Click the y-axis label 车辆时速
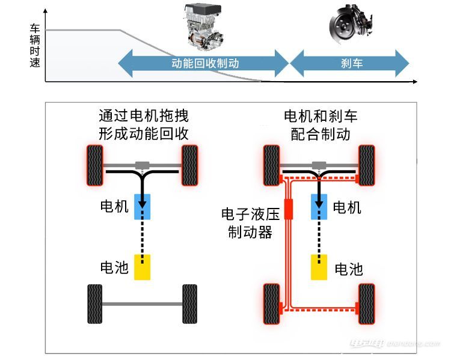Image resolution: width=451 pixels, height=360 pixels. pyautogui.click(x=35, y=46)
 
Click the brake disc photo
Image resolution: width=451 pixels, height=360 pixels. pyautogui.click(x=351, y=25)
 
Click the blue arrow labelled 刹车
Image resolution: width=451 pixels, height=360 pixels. pyautogui.click(x=349, y=63)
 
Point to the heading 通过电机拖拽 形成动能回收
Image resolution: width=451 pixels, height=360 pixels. pyautogui.click(x=144, y=125)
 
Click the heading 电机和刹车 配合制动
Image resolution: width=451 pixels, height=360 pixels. pyautogui.click(x=321, y=125)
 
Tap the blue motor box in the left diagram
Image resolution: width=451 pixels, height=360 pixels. pyautogui.click(x=143, y=207)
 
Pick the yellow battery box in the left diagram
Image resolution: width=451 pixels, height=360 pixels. pyautogui.click(x=143, y=267)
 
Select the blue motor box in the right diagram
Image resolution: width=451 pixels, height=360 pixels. pyautogui.click(x=319, y=207)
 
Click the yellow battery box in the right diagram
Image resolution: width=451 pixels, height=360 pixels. pyautogui.click(x=319, y=267)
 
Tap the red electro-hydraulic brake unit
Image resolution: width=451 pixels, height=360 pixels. pyautogui.click(x=289, y=209)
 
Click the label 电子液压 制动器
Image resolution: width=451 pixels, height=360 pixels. pyautogui.click(x=251, y=223)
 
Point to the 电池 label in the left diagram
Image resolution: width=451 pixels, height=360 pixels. pyautogui.click(x=114, y=267)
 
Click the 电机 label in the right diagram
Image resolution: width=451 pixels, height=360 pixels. pyautogui.click(x=347, y=207)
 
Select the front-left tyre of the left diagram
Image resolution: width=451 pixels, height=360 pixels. pyautogui.click(x=95, y=165)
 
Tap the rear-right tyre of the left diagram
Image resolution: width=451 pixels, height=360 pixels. pyautogui.click(x=190, y=304)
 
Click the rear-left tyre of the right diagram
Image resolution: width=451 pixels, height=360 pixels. pyautogui.click(x=272, y=304)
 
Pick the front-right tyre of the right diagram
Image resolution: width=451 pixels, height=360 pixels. pyautogui.click(x=367, y=165)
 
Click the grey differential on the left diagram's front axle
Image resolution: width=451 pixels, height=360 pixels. pyautogui.click(x=143, y=165)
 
